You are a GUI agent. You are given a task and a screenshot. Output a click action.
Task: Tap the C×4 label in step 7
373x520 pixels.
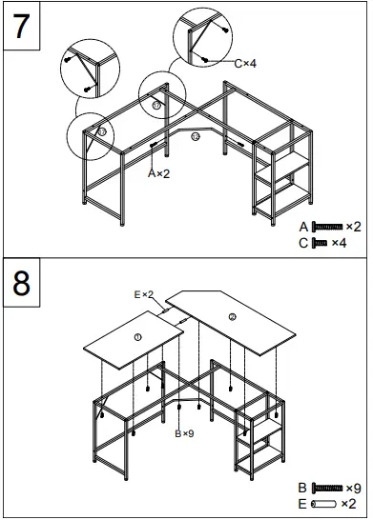[x=246, y=63]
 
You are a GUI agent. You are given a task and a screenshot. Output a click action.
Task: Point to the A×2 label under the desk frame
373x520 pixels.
[x=157, y=174]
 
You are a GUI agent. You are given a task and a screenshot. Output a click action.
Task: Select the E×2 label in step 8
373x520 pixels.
[x=144, y=295]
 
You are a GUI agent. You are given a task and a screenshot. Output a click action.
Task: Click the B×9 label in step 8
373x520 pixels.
[x=184, y=433]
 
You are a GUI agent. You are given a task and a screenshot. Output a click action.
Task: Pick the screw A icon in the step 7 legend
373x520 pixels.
[x=326, y=227]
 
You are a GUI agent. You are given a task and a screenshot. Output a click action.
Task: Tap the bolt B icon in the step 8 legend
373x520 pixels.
[x=327, y=487]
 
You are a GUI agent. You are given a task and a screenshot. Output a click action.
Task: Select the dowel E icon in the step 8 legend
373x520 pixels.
[x=324, y=502]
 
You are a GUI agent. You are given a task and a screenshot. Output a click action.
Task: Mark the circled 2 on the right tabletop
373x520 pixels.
[x=232, y=317]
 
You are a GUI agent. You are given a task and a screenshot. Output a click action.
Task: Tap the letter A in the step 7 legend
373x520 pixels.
[x=303, y=227]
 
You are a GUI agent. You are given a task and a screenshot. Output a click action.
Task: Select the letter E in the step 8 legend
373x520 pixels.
[x=302, y=502]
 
